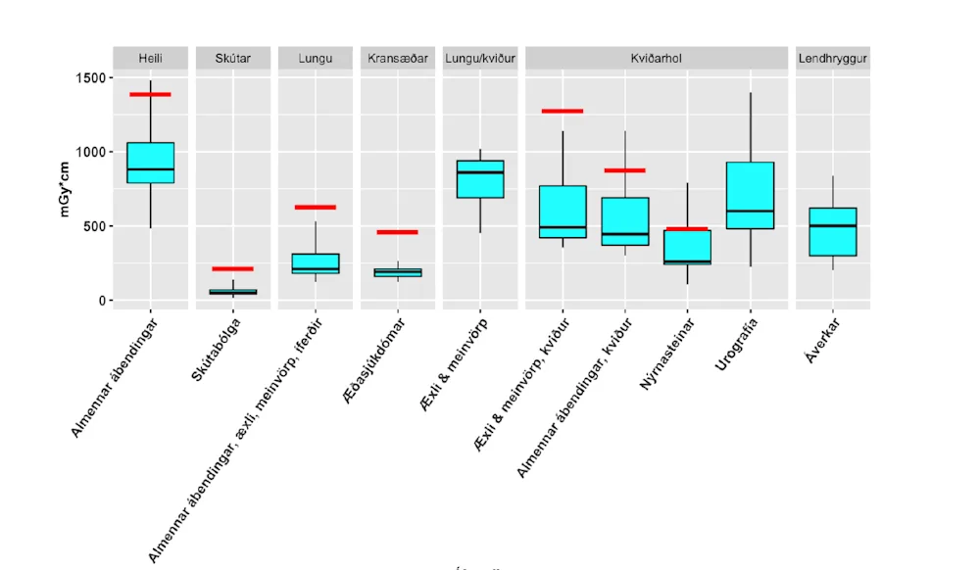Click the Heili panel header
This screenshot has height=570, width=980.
[x=151, y=59]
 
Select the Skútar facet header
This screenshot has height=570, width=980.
[x=233, y=59]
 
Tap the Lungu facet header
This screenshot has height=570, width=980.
[x=316, y=59]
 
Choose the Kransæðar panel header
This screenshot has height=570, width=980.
[x=398, y=59]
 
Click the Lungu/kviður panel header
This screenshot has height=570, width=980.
[x=480, y=59]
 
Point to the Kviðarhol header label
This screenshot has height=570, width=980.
[x=657, y=59]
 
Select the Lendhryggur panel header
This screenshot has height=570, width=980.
[x=833, y=59]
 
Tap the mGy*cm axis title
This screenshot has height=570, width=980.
[x=67, y=189]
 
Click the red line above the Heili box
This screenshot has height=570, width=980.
[x=151, y=95]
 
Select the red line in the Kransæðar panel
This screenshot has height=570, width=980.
[x=398, y=232]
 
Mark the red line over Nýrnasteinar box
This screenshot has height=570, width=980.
[x=687, y=229]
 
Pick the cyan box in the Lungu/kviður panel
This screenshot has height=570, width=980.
[x=480, y=179]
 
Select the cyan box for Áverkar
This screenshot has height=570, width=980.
[x=833, y=232]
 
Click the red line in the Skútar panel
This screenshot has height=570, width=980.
[x=233, y=268]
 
